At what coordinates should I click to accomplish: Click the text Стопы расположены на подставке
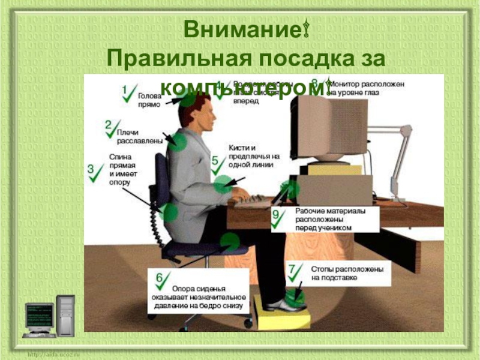click(346, 274)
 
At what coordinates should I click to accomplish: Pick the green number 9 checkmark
click(278, 218)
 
